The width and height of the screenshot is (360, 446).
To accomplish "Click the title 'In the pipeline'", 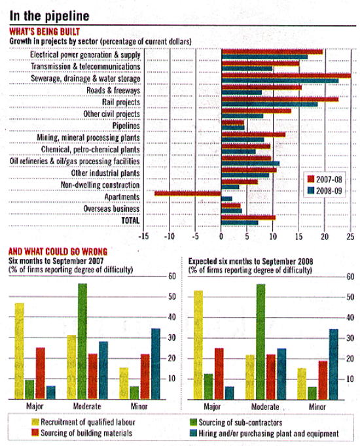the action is point(50,16).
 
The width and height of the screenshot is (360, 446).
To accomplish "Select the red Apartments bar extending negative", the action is point(188,194).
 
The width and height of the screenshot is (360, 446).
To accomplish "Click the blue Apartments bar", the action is point(226,199).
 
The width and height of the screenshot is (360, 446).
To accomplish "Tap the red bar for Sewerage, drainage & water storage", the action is point(286,76).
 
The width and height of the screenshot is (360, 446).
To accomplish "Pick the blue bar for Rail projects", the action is point(269,105).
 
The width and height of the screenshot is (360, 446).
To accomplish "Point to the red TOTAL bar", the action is point(248,218).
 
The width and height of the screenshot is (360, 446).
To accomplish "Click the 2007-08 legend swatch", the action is point(311,179).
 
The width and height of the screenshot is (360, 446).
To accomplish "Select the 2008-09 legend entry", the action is point(325,190).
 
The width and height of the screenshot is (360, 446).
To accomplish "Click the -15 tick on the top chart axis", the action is point(144,236).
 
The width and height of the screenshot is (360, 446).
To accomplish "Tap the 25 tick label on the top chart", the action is point(351,236).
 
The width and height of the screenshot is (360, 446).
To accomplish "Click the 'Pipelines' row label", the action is point(126,126).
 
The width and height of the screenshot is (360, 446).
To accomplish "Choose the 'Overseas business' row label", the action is point(111,209).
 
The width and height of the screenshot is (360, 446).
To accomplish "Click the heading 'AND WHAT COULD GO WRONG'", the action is point(58,252).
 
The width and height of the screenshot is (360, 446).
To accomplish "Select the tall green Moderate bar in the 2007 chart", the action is point(82,341).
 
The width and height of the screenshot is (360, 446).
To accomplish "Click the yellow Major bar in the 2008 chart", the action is point(198,345).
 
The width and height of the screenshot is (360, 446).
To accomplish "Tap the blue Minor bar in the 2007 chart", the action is point(156,364).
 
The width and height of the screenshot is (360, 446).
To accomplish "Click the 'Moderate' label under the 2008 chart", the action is point(265,407).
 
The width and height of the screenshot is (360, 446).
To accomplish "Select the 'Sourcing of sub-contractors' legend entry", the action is point(236,422).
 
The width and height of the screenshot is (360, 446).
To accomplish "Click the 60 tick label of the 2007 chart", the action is point(172,276).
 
